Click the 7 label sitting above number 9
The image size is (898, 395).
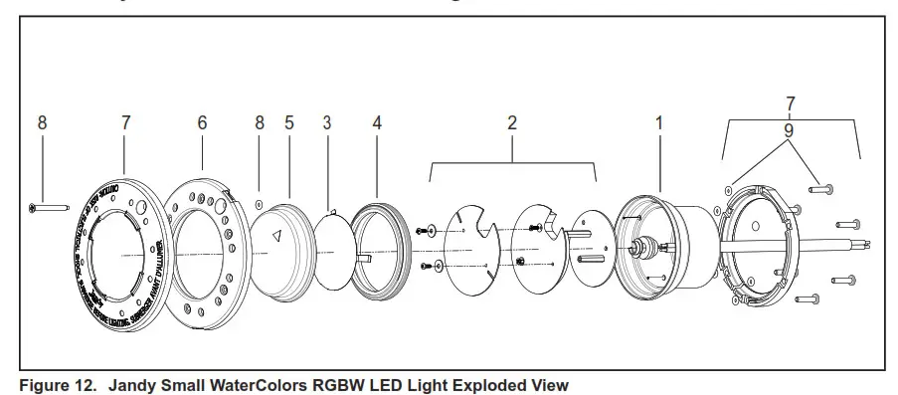pyautogui.click(x=790, y=103)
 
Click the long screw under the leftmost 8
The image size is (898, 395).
pyautogui.click(x=47, y=207)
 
